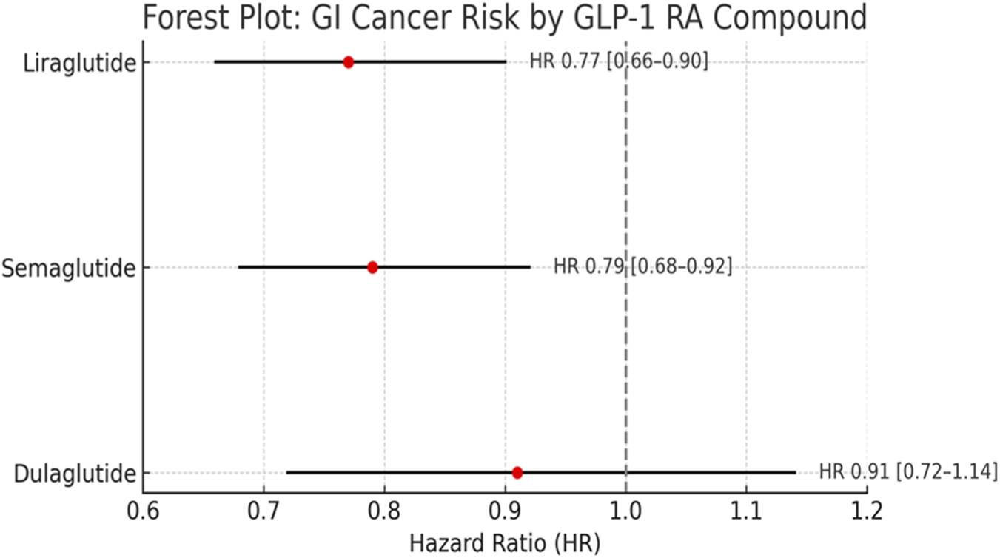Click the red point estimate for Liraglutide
click(x=349, y=62)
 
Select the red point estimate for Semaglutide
click(x=372, y=267)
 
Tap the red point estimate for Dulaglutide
click(x=517, y=472)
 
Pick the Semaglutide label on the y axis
click(x=70, y=268)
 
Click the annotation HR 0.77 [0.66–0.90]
click(x=619, y=62)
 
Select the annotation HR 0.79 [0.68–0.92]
click(x=642, y=267)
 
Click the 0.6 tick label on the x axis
click(x=143, y=511)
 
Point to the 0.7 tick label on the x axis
click(x=264, y=511)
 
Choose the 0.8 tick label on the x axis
click(x=384, y=511)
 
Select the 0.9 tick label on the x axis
click(x=506, y=511)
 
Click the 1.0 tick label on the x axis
click(x=626, y=511)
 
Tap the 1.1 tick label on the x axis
click(x=746, y=511)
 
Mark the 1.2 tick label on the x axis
click(x=867, y=511)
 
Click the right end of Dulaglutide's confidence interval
click(x=794, y=472)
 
